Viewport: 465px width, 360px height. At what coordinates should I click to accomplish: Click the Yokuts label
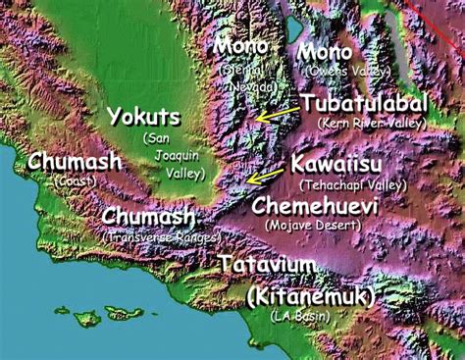pos(143,118)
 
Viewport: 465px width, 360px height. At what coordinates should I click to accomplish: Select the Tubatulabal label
pos(363,104)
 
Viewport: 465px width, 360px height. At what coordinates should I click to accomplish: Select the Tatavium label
pos(268,265)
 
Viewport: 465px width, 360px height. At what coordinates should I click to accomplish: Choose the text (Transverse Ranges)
pos(159,236)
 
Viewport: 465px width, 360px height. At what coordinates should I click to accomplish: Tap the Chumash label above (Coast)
pos(76,161)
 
